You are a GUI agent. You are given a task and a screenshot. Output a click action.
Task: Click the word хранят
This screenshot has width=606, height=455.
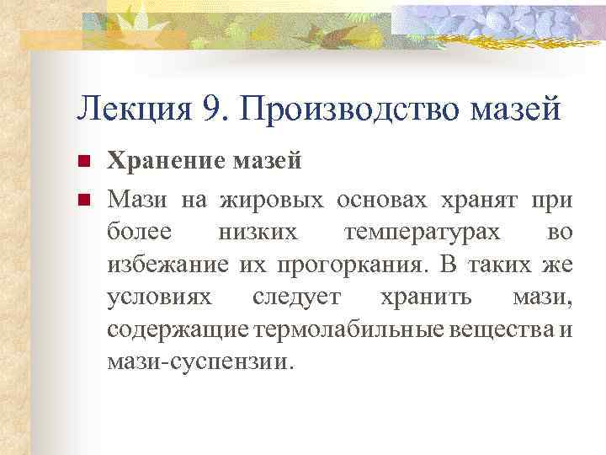(480, 201)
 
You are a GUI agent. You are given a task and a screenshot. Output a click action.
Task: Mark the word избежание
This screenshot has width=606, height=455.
(165, 265)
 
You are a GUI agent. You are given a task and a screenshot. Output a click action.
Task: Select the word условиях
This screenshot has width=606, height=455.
(161, 297)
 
